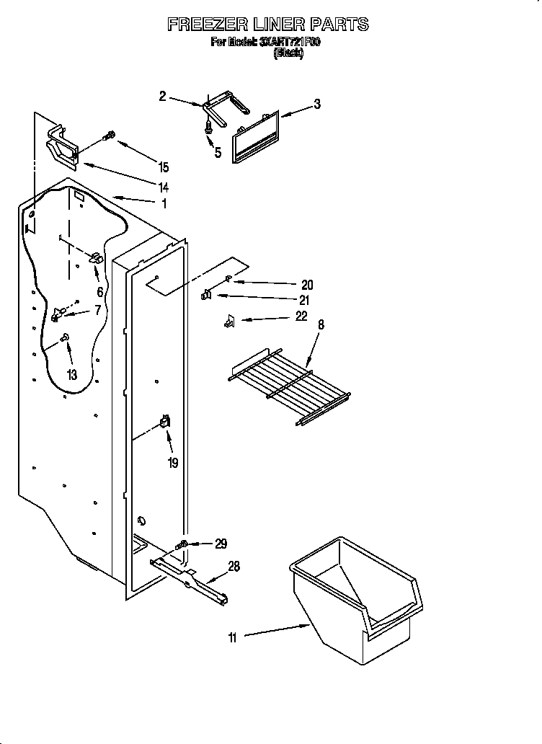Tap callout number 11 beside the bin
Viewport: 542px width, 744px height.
232,637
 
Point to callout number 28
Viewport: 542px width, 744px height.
234,567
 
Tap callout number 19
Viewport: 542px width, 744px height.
173,463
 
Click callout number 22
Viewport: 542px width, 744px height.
301,316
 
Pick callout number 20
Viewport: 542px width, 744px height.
307,285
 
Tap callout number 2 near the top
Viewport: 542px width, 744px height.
162,95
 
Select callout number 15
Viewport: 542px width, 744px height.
164,167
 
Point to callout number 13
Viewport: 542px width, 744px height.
71,373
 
